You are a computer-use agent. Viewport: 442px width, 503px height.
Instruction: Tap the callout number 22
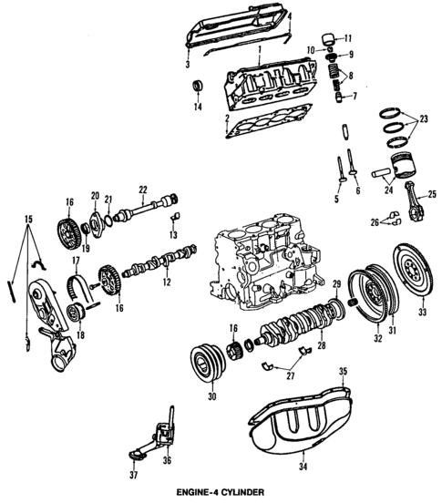tap(142, 190)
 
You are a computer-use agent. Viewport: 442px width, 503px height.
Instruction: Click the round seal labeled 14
tap(196, 88)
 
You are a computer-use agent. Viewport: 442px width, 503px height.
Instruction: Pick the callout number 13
tap(170, 235)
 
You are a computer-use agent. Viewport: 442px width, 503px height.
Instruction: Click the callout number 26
tap(375, 222)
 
